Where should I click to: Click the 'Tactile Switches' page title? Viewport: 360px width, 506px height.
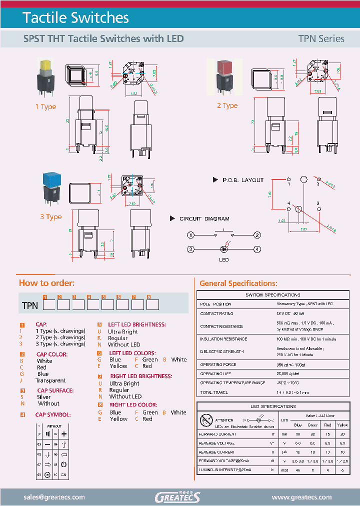coord(75,18)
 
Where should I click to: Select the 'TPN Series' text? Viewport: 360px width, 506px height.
coord(321,38)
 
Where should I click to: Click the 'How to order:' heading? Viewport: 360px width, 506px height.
coord(46,283)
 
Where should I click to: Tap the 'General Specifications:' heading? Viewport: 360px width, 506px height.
coord(238,283)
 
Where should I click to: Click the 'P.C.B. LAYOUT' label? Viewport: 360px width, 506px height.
coord(242,180)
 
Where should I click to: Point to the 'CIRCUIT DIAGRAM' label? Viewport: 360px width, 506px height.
coord(204,218)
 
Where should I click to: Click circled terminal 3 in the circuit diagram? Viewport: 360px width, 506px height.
coord(190,249)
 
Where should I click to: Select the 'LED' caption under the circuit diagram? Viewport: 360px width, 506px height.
coord(223,260)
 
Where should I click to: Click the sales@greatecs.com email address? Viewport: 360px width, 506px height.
coord(54,497)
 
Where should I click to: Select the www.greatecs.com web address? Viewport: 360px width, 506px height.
coord(301,497)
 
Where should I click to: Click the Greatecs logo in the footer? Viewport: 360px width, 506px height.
coord(177,497)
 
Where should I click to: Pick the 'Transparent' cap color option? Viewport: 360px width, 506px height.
coord(50,380)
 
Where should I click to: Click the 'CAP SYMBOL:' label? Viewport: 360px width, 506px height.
coord(52,414)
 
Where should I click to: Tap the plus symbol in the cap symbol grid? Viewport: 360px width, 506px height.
coord(64,434)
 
